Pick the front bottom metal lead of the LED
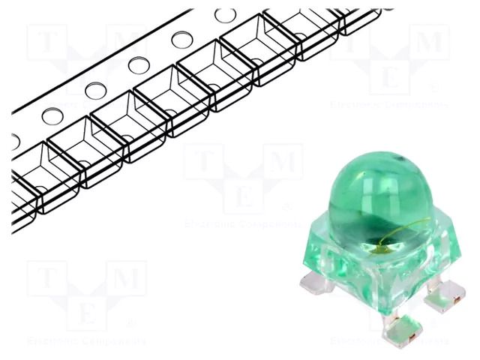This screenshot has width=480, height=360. click(x=397, y=331)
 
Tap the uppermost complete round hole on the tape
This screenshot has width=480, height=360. click(x=224, y=15)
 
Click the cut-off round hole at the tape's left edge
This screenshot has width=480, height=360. click(x=15, y=141)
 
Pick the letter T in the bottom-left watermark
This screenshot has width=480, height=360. click(x=48, y=278)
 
